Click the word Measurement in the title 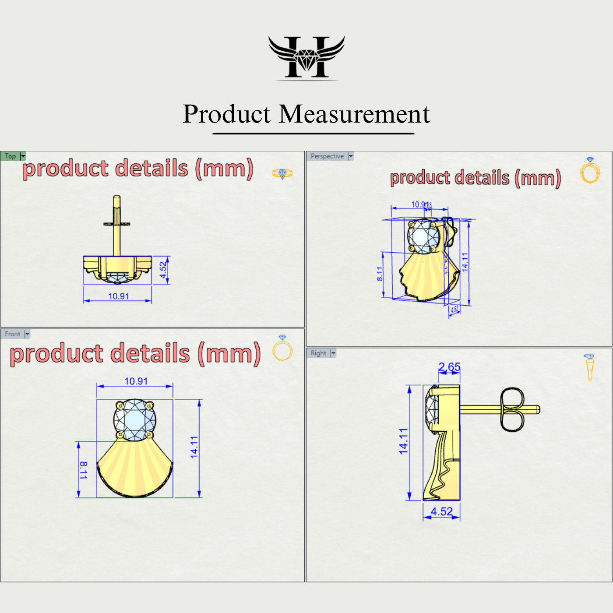coord(354,114)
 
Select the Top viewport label coord(11,156)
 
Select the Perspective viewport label coord(327,156)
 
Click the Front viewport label coord(13,334)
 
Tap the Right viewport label coord(318,353)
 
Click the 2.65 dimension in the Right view coord(449,367)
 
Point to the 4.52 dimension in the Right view coord(441,511)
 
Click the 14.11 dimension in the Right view coord(403,441)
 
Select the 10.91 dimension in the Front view coord(136,381)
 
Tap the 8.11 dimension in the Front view coord(83,470)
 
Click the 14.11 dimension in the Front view coord(194,447)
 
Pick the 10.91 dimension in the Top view coord(119,296)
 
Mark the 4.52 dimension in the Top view coord(163,270)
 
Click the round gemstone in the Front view coord(135,420)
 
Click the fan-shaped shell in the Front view coord(135,469)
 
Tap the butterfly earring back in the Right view coord(511,409)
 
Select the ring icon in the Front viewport coord(282,349)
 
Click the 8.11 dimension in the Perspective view coord(380,274)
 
